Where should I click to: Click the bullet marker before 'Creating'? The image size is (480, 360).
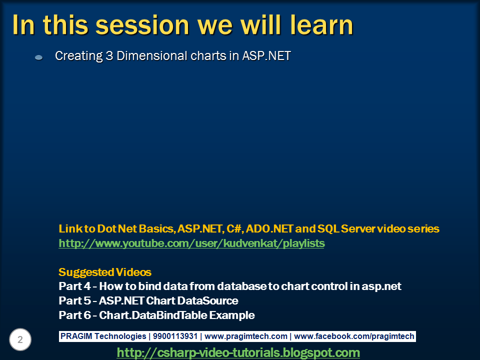click(38, 58)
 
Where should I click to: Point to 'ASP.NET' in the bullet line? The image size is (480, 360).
click(266, 56)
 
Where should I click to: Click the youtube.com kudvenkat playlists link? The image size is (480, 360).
click(191, 243)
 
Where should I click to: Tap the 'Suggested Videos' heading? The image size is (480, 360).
click(105, 272)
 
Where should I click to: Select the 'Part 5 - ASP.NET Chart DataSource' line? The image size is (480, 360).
click(148, 301)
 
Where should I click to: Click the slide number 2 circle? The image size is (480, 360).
click(20, 340)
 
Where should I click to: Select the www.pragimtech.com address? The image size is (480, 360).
click(246, 336)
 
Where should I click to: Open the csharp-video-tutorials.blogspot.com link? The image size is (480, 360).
click(238, 352)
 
